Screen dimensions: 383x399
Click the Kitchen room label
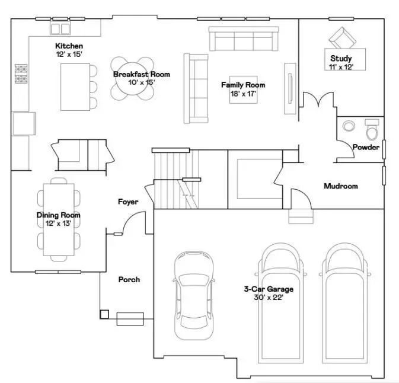coord(69,46)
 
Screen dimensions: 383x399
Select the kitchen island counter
coord(74,87)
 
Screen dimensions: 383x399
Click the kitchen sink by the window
coord(60,28)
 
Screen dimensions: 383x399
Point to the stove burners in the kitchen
coord(21,73)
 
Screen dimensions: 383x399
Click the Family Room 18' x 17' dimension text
coord(243,93)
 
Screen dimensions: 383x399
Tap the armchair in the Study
coord(340,39)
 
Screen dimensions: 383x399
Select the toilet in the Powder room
coord(372,129)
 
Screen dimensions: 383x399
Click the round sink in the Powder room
coord(349,126)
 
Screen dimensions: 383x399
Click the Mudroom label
coord(340,186)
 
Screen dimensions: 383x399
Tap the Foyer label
coord(128,202)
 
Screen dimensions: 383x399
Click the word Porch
coord(129,279)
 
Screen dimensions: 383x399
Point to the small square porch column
coord(104,314)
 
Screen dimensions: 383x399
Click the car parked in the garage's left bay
coord(193,295)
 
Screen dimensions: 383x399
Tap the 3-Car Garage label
coord(269,289)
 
